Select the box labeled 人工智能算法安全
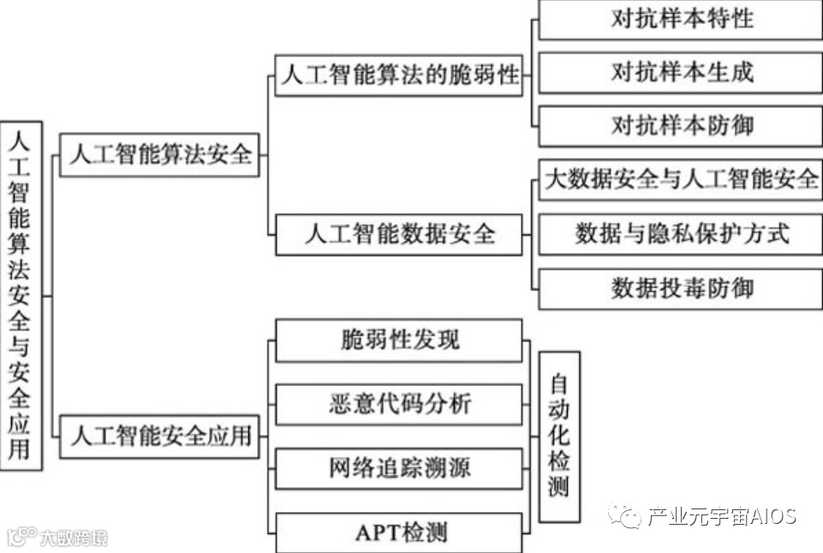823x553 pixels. [x=159, y=155]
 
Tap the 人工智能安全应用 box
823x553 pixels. [x=159, y=436]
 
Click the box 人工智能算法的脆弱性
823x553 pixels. [x=399, y=75]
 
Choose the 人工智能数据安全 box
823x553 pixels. [x=399, y=234]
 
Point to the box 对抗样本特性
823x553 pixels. [x=682, y=20]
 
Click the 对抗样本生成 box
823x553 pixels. [x=682, y=72]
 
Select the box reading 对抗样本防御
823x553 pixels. [x=682, y=126]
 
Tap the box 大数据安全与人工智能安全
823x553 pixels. [x=682, y=180]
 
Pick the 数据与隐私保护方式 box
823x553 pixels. [x=682, y=233]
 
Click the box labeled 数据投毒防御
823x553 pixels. [x=682, y=288]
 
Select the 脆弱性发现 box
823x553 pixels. [x=399, y=340]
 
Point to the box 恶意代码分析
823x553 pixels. [x=399, y=404]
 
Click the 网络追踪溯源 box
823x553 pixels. [x=399, y=468]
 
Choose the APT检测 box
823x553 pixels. [x=399, y=532]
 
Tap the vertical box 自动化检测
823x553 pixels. [x=558, y=436]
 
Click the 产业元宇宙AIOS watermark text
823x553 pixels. [x=722, y=517]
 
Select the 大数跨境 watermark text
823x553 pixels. [x=74, y=538]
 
